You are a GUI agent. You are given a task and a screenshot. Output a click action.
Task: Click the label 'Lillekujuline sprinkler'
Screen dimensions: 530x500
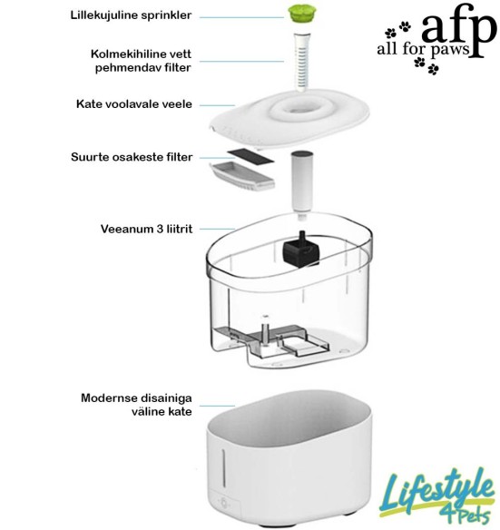click(x=132, y=15)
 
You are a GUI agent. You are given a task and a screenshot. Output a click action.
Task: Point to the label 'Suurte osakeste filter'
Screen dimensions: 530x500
click(x=132, y=157)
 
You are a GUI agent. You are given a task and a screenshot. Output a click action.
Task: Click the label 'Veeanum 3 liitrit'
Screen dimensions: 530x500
click(x=143, y=229)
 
